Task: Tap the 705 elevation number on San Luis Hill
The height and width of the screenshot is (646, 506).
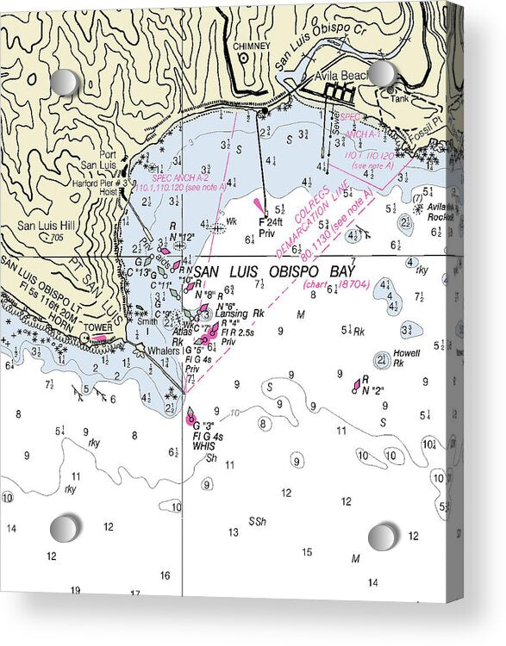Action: click(56, 238)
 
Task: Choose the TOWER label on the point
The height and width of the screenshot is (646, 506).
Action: click(99, 327)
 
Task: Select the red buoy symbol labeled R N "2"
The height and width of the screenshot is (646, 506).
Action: click(355, 387)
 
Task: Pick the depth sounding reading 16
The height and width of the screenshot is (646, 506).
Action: click(165, 575)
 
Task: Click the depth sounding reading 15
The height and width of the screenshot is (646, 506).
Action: click(307, 552)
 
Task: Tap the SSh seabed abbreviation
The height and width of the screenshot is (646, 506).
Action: click(257, 522)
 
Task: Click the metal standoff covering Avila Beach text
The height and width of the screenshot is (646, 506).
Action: click(382, 73)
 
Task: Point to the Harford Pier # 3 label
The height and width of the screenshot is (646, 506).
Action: click(99, 183)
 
